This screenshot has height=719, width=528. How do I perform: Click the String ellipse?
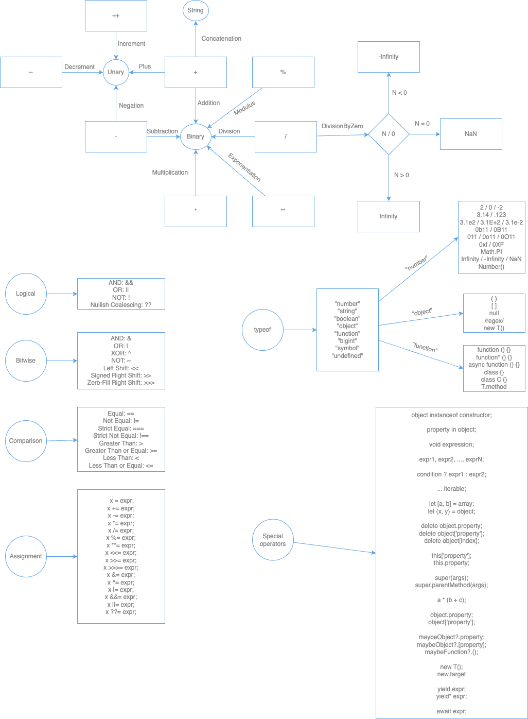coord(196,10)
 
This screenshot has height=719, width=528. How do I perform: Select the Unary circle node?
coord(116,72)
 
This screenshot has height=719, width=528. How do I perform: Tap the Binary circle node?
coord(196,136)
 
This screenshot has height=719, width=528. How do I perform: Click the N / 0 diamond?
coord(389,134)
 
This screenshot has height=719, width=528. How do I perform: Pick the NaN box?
coord(471,134)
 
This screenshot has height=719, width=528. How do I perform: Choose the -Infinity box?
coord(389,57)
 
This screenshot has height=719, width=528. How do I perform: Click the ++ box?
coord(116,15)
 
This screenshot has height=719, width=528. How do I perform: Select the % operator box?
coord(283,72)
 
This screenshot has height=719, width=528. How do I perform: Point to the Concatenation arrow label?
coord(221,39)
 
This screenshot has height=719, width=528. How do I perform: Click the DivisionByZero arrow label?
coord(343,126)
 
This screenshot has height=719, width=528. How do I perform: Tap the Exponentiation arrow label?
coord(244,167)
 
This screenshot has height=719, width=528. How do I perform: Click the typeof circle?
coord(262,330)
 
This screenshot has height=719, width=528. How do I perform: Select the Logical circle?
coord(26,294)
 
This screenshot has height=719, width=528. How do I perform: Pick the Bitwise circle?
coord(26,361)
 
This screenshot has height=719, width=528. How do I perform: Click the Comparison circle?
coord(26,441)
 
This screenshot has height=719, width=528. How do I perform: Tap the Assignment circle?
coord(26,556)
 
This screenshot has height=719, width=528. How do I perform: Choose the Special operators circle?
coord(273,540)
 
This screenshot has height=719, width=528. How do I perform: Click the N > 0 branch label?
coord(401,175)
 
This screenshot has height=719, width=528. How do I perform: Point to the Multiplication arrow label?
coord(170,173)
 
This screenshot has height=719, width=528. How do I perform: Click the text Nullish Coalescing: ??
coord(121,305)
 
